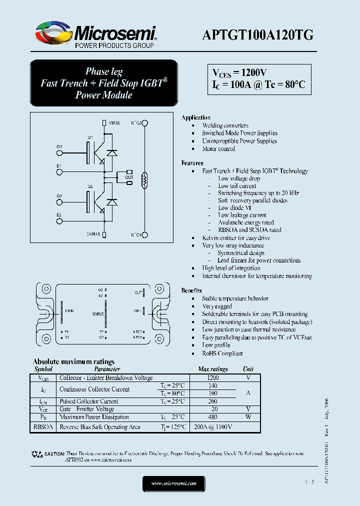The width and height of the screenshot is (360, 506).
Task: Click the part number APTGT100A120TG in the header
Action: (x=258, y=34)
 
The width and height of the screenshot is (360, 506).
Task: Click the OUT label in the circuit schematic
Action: (x=129, y=177)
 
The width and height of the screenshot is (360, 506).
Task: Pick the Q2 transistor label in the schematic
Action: (x=90, y=186)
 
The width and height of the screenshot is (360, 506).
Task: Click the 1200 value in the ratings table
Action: (x=213, y=378)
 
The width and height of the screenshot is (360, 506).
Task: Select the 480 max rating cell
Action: (x=213, y=417)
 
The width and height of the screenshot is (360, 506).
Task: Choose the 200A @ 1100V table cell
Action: (x=213, y=427)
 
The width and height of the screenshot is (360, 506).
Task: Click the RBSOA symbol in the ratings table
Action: (x=43, y=427)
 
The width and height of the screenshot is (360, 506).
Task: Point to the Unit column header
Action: (x=248, y=369)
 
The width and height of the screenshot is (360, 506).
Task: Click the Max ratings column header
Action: (x=213, y=369)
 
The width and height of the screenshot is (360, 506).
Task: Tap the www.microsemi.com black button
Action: (x=174, y=483)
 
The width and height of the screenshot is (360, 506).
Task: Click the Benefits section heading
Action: (x=191, y=290)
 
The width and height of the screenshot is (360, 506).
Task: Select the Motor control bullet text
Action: (x=218, y=149)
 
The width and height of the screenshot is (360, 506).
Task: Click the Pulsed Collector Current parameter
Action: (x=89, y=401)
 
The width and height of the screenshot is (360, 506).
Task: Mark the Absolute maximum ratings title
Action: (x=73, y=361)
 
